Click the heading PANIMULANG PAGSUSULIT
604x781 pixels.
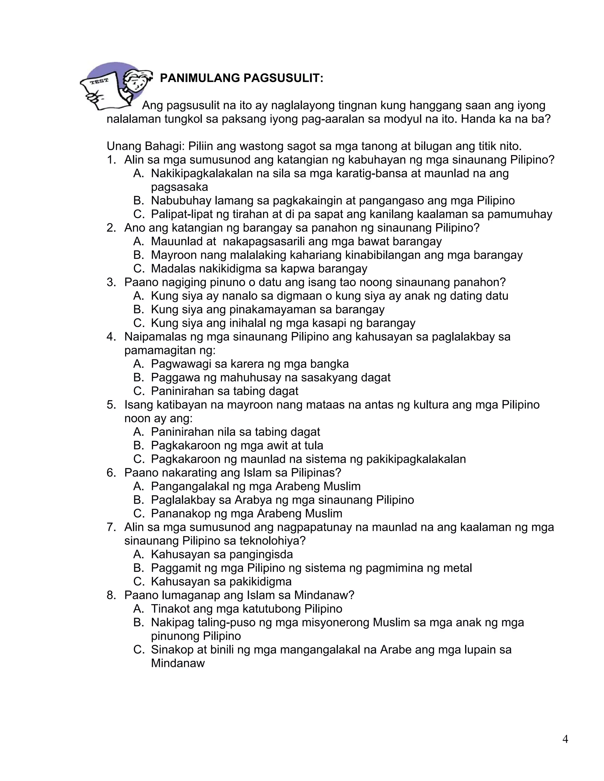pyautogui.click(x=242, y=78)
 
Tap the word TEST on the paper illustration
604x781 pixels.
pyautogui.click(x=99, y=82)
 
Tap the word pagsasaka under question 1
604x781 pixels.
pyautogui.click(x=179, y=187)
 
